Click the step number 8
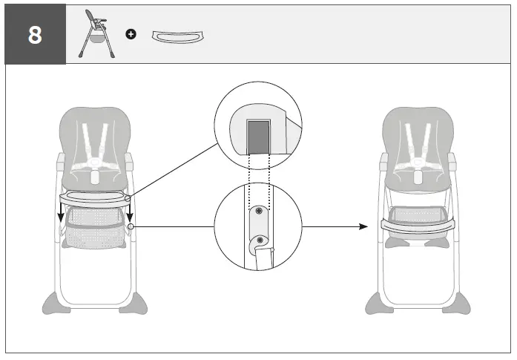coord(35,36)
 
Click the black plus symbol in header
coord(131,35)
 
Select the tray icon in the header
coord(178,35)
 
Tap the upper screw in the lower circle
coord(258,212)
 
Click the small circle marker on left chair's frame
coord(131,226)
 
